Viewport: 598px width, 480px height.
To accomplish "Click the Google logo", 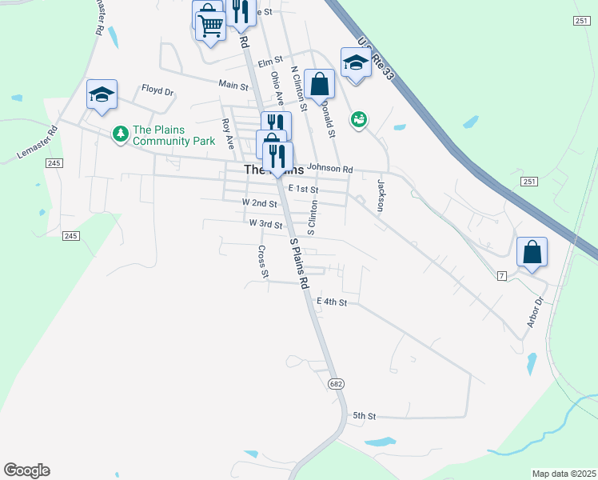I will (x=26, y=470).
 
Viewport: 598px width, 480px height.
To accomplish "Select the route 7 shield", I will (x=502, y=276).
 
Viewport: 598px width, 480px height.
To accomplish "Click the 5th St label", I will (x=364, y=417).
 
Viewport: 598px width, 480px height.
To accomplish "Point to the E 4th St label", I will (x=332, y=302).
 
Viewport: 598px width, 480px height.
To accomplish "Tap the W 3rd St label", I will (x=265, y=225).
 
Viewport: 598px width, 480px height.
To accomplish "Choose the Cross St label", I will (x=262, y=262).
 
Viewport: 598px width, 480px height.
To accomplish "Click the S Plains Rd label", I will (x=299, y=263).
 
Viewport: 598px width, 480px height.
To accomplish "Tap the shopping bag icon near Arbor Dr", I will (x=532, y=253).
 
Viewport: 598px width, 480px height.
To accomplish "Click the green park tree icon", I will (x=121, y=133).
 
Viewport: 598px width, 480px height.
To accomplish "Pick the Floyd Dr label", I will (x=157, y=90).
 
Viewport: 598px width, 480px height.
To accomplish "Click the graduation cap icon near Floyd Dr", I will (x=102, y=94).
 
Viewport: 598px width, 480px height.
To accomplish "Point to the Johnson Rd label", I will (x=330, y=169).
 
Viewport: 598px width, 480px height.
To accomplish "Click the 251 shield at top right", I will (x=581, y=20).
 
